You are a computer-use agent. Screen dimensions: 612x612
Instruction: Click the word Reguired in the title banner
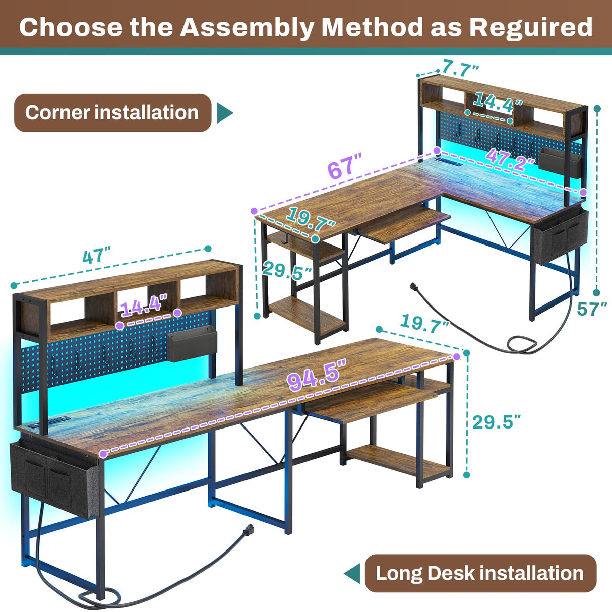tap(530, 27)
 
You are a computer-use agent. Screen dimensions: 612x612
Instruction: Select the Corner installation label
tap(112, 113)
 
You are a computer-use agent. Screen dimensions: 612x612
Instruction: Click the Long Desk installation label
tap(479, 573)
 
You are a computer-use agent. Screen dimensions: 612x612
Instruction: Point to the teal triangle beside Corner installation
tap(225, 113)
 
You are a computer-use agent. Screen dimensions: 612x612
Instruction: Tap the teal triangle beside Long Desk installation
tap(352, 573)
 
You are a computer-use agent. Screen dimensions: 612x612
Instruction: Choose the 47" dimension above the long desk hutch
tap(96, 255)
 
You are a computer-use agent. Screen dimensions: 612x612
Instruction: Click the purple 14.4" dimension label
tap(143, 305)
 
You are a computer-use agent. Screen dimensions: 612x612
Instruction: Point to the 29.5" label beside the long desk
tap(496, 422)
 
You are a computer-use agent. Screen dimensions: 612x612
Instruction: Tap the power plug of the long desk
tap(248, 530)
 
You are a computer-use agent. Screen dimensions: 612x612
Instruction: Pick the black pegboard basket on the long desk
tap(191, 344)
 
